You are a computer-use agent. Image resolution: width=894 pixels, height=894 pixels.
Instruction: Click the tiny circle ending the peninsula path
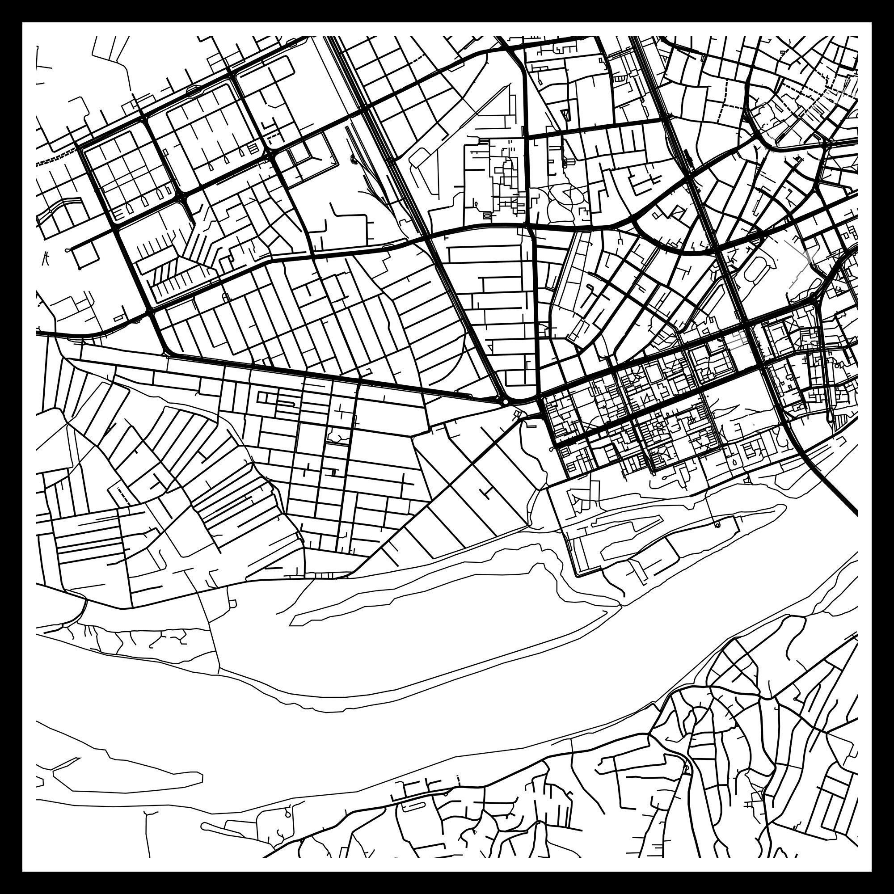[717, 525]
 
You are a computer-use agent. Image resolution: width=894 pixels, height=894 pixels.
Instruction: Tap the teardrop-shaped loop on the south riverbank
[288, 813]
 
